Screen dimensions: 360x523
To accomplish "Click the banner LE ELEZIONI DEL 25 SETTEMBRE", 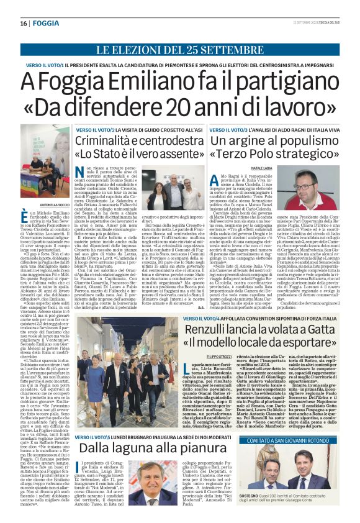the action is (x=180, y=49).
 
